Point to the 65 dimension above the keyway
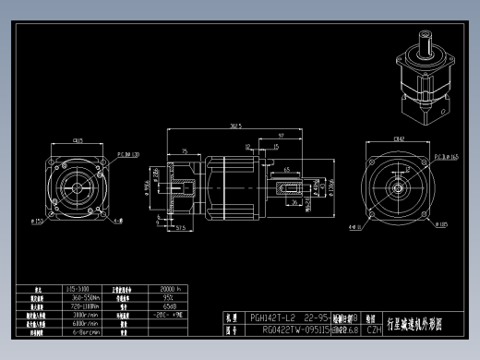288,170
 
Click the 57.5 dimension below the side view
181,226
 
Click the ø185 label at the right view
443,223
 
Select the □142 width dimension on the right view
398,139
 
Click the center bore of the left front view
77,189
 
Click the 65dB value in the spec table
170,306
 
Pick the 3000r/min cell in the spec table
86,315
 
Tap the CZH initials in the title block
374,328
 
